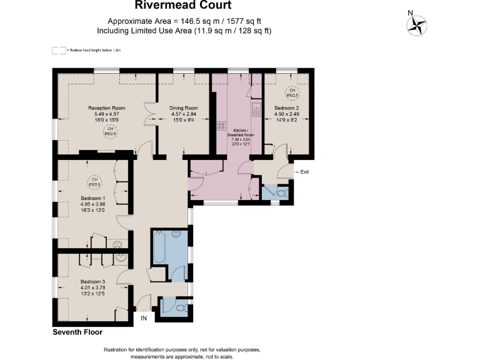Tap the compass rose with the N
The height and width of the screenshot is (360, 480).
click(416, 25)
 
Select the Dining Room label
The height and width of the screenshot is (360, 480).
click(183, 108)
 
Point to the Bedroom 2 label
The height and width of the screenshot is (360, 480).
click(287, 108)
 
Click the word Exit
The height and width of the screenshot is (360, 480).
click(304, 172)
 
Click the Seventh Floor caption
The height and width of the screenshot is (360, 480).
click(77, 332)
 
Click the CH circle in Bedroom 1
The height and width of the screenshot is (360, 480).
click(94, 182)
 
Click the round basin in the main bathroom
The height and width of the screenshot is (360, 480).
click(176, 236)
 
